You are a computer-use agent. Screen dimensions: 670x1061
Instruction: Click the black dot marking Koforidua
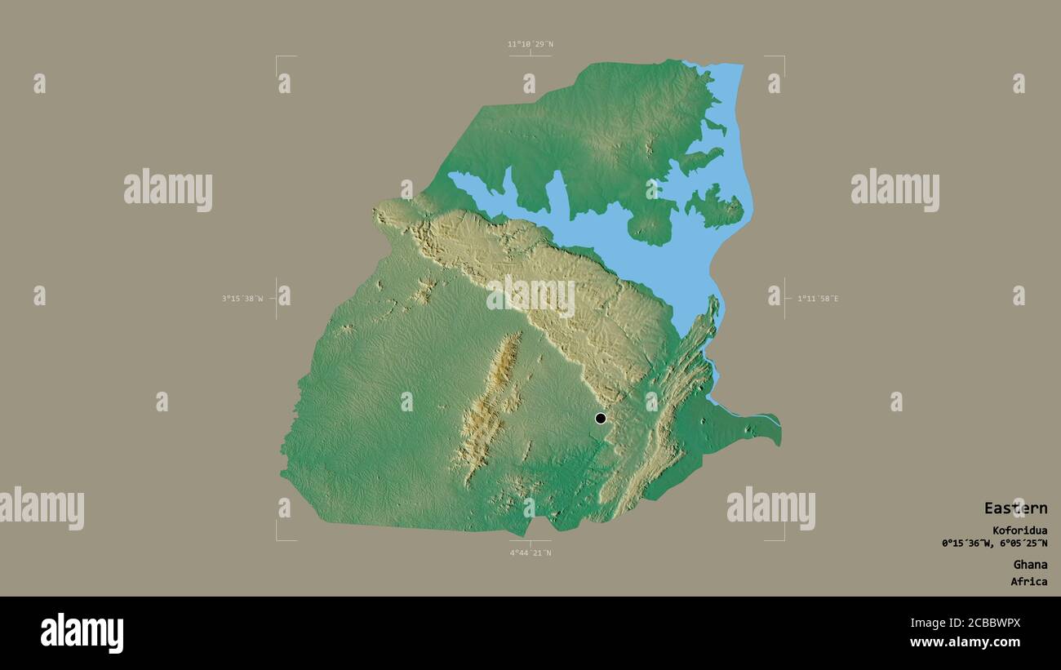(601, 419)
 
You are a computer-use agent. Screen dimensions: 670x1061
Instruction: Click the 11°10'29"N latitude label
(530, 44)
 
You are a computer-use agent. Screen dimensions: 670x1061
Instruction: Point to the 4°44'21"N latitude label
(530, 553)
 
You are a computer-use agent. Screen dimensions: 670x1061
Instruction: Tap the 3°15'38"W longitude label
(242, 299)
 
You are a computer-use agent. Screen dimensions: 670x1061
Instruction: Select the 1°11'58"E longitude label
(818, 299)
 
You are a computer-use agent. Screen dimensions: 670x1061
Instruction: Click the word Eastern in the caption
(1015, 508)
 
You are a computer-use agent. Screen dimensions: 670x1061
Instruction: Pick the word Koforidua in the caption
(1020, 530)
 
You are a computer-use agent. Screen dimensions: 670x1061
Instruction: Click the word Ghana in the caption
(1030, 565)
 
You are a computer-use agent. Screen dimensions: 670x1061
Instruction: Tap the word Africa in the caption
(1028, 582)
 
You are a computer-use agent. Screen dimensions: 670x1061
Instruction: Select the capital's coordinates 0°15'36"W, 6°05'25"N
(994, 544)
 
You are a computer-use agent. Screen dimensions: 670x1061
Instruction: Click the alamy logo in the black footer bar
(82, 633)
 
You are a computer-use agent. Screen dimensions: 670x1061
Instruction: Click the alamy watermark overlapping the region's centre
(530, 297)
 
